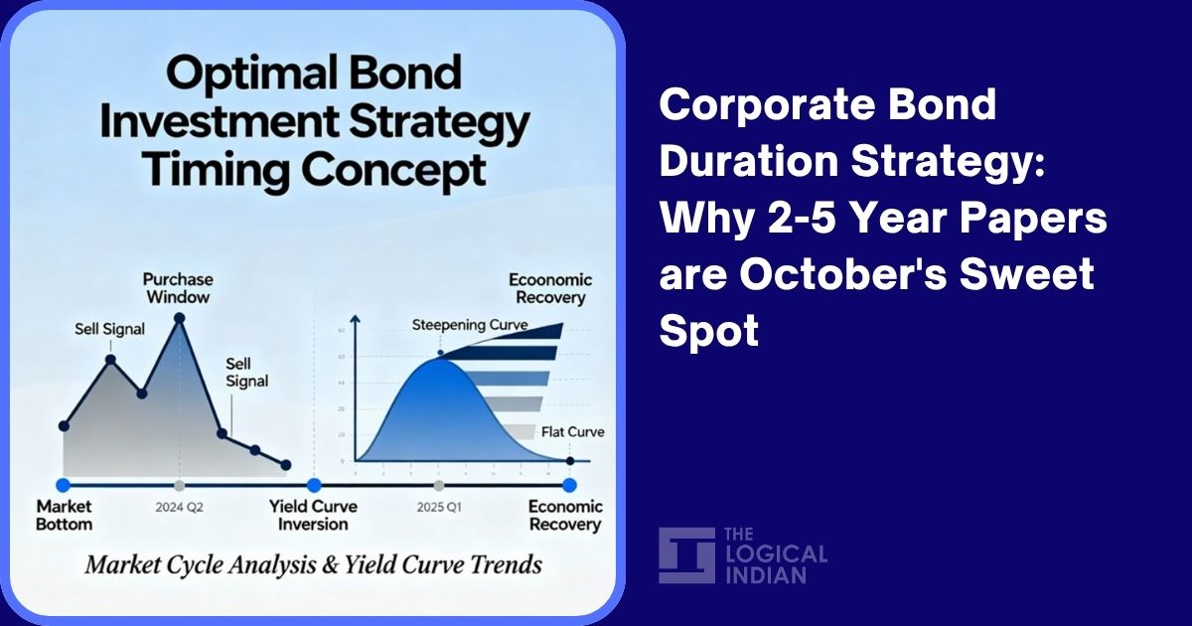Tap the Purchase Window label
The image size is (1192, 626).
click(x=178, y=288)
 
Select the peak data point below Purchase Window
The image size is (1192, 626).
click(x=179, y=318)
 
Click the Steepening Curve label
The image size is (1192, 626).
click(x=470, y=325)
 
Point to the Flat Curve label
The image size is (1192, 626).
click(x=572, y=432)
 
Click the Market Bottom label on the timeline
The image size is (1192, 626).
click(x=65, y=515)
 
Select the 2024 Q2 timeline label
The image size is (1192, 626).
click(x=179, y=507)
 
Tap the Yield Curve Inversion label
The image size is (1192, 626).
click(x=313, y=515)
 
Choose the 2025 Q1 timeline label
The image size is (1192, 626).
click(x=438, y=507)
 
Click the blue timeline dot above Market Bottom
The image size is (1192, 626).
click(x=64, y=485)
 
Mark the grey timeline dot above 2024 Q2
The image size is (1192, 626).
click(x=179, y=485)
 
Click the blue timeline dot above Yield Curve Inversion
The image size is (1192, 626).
click(x=314, y=485)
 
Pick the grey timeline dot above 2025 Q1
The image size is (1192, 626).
click(x=438, y=485)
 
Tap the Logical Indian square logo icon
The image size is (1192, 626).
click(x=686, y=555)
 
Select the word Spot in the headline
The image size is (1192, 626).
click(x=708, y=330)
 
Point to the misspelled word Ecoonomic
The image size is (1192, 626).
click(x=549, y=280)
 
